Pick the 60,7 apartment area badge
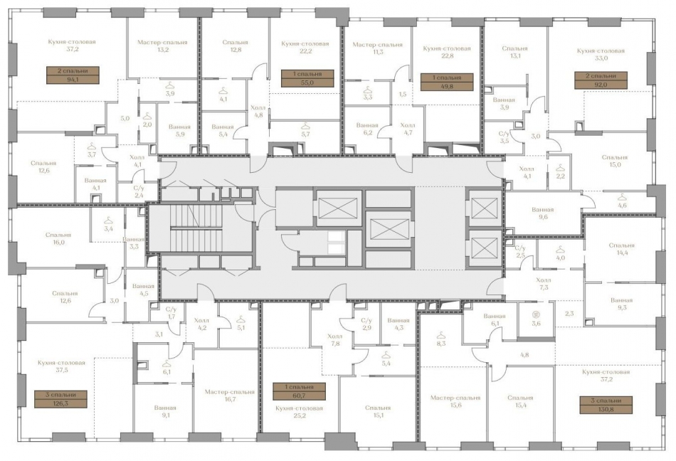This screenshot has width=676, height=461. (300, 391)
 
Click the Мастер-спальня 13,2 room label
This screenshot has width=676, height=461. (163, 46)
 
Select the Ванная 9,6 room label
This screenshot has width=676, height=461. (543, 214)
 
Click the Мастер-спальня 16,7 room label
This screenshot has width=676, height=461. (229, 396)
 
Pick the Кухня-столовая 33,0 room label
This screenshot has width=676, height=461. (601, 55)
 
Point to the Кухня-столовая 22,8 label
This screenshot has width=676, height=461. (446, 53)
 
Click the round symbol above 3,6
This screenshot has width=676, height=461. (536, 314)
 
